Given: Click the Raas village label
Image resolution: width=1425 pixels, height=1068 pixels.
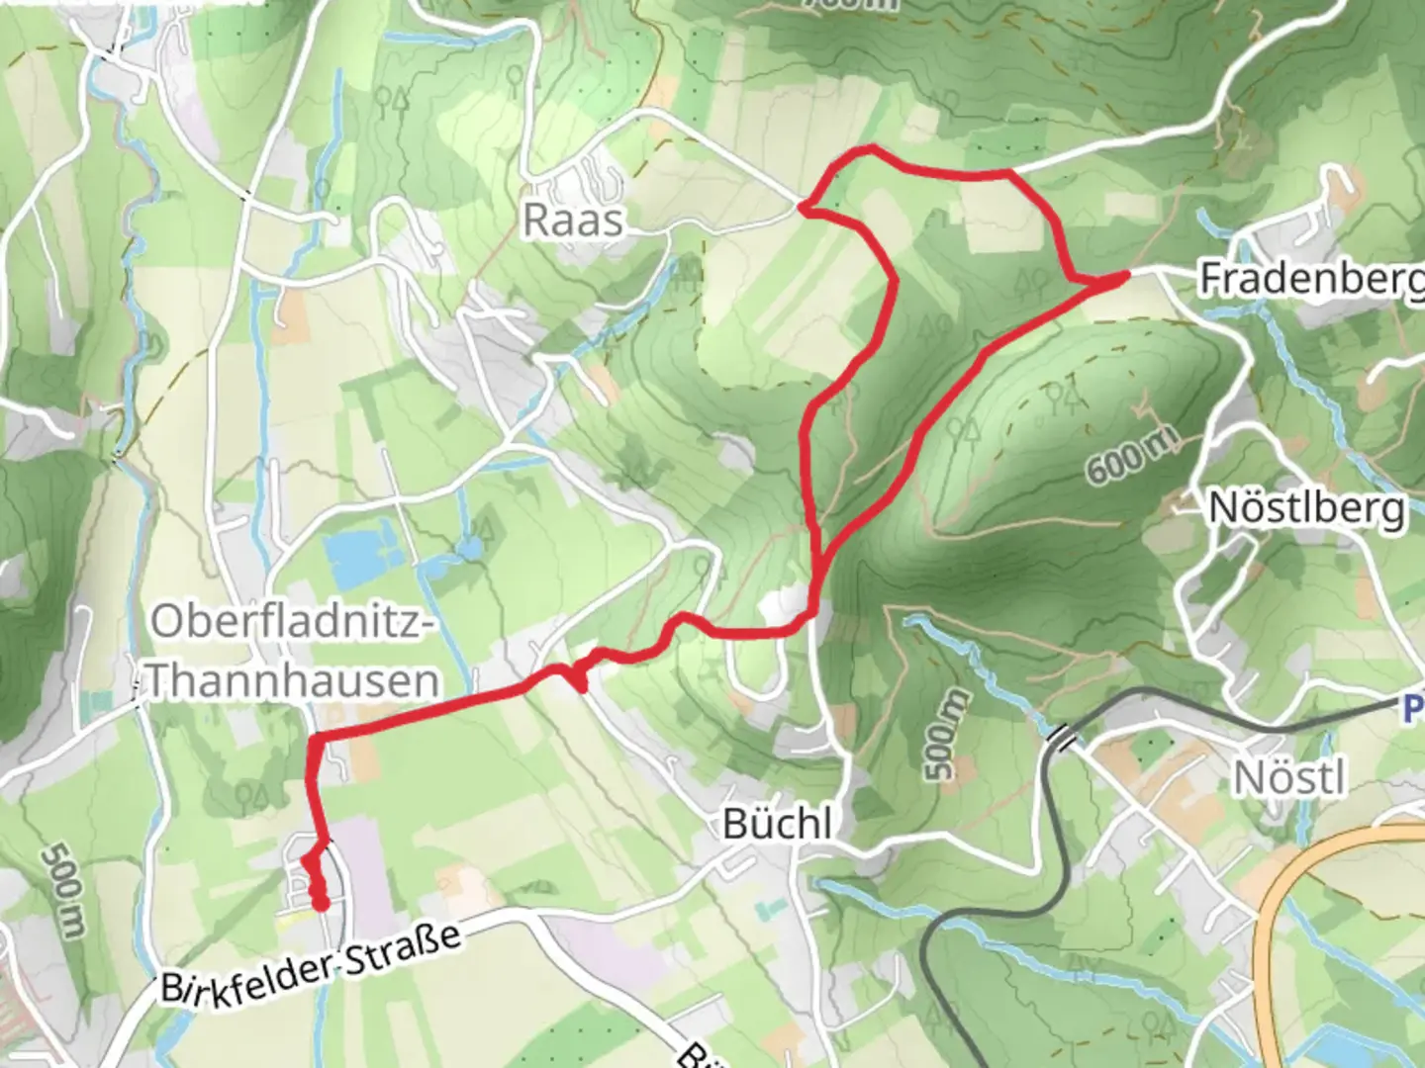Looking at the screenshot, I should [x=573, y=220].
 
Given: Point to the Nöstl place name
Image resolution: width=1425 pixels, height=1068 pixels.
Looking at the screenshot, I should [x=1289, y=778].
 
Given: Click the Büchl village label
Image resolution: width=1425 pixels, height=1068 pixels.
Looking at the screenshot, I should [x=777, y=823].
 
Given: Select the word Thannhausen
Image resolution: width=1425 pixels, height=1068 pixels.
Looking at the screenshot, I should [x=294, y=681].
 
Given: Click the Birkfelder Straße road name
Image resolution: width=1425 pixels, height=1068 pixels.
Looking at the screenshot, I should [x=312, y=963].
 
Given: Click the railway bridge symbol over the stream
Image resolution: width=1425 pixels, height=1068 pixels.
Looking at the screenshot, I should [x=1059, y=736].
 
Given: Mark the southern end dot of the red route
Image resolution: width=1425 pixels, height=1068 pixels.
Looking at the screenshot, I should [x=320, y=902].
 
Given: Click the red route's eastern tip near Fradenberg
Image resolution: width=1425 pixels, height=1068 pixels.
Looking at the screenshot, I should [x=1124, y=277].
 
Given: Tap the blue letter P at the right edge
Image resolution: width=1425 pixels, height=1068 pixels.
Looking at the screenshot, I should [x=1414, y=708].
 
